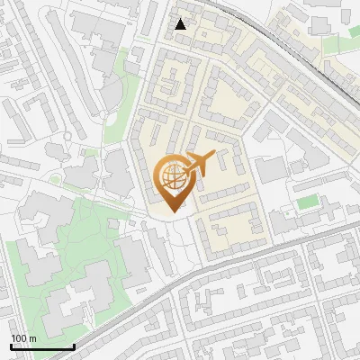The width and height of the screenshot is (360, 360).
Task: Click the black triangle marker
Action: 181,24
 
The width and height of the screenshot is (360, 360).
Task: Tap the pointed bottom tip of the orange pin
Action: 175,211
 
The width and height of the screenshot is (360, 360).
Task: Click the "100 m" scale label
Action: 23,338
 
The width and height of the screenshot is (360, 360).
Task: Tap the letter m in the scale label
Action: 32,338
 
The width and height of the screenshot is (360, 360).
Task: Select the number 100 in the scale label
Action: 19,338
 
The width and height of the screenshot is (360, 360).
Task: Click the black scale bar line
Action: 41,346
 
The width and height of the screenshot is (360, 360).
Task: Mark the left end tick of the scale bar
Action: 11,345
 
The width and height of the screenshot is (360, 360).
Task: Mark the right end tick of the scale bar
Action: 73,345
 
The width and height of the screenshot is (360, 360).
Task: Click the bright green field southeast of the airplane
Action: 309,202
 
